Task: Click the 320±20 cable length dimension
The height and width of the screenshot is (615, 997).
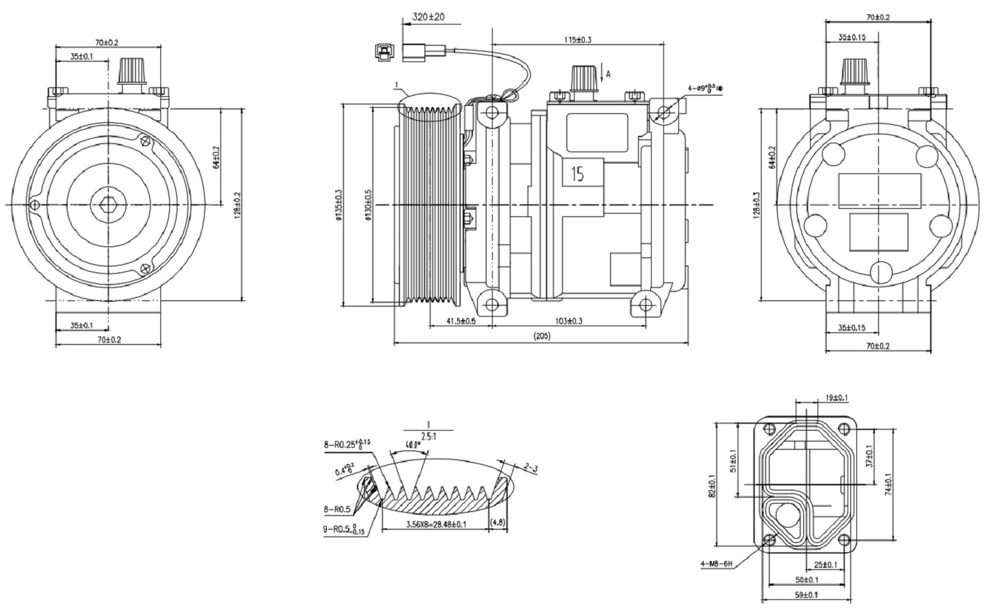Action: pos(429,16)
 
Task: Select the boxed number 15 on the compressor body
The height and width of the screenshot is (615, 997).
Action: pos(578,174)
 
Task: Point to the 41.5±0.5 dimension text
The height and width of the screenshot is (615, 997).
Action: pos(461,321)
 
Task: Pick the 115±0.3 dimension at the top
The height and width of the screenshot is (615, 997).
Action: pos(577,40)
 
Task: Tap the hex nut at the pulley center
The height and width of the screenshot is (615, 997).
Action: pos(107,204)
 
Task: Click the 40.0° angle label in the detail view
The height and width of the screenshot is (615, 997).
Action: pos(412,444)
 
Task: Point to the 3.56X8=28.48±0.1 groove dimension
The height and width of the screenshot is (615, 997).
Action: pos(436,524)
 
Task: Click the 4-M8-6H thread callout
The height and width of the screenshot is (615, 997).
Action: pos(716,564)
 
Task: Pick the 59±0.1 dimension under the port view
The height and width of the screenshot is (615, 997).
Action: pos(805,595)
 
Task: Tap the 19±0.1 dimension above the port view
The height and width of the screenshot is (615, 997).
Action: pos(836,397)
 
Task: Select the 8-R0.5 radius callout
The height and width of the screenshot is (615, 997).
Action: pos(337,509)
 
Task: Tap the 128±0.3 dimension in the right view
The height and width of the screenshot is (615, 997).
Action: pos(756,205)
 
